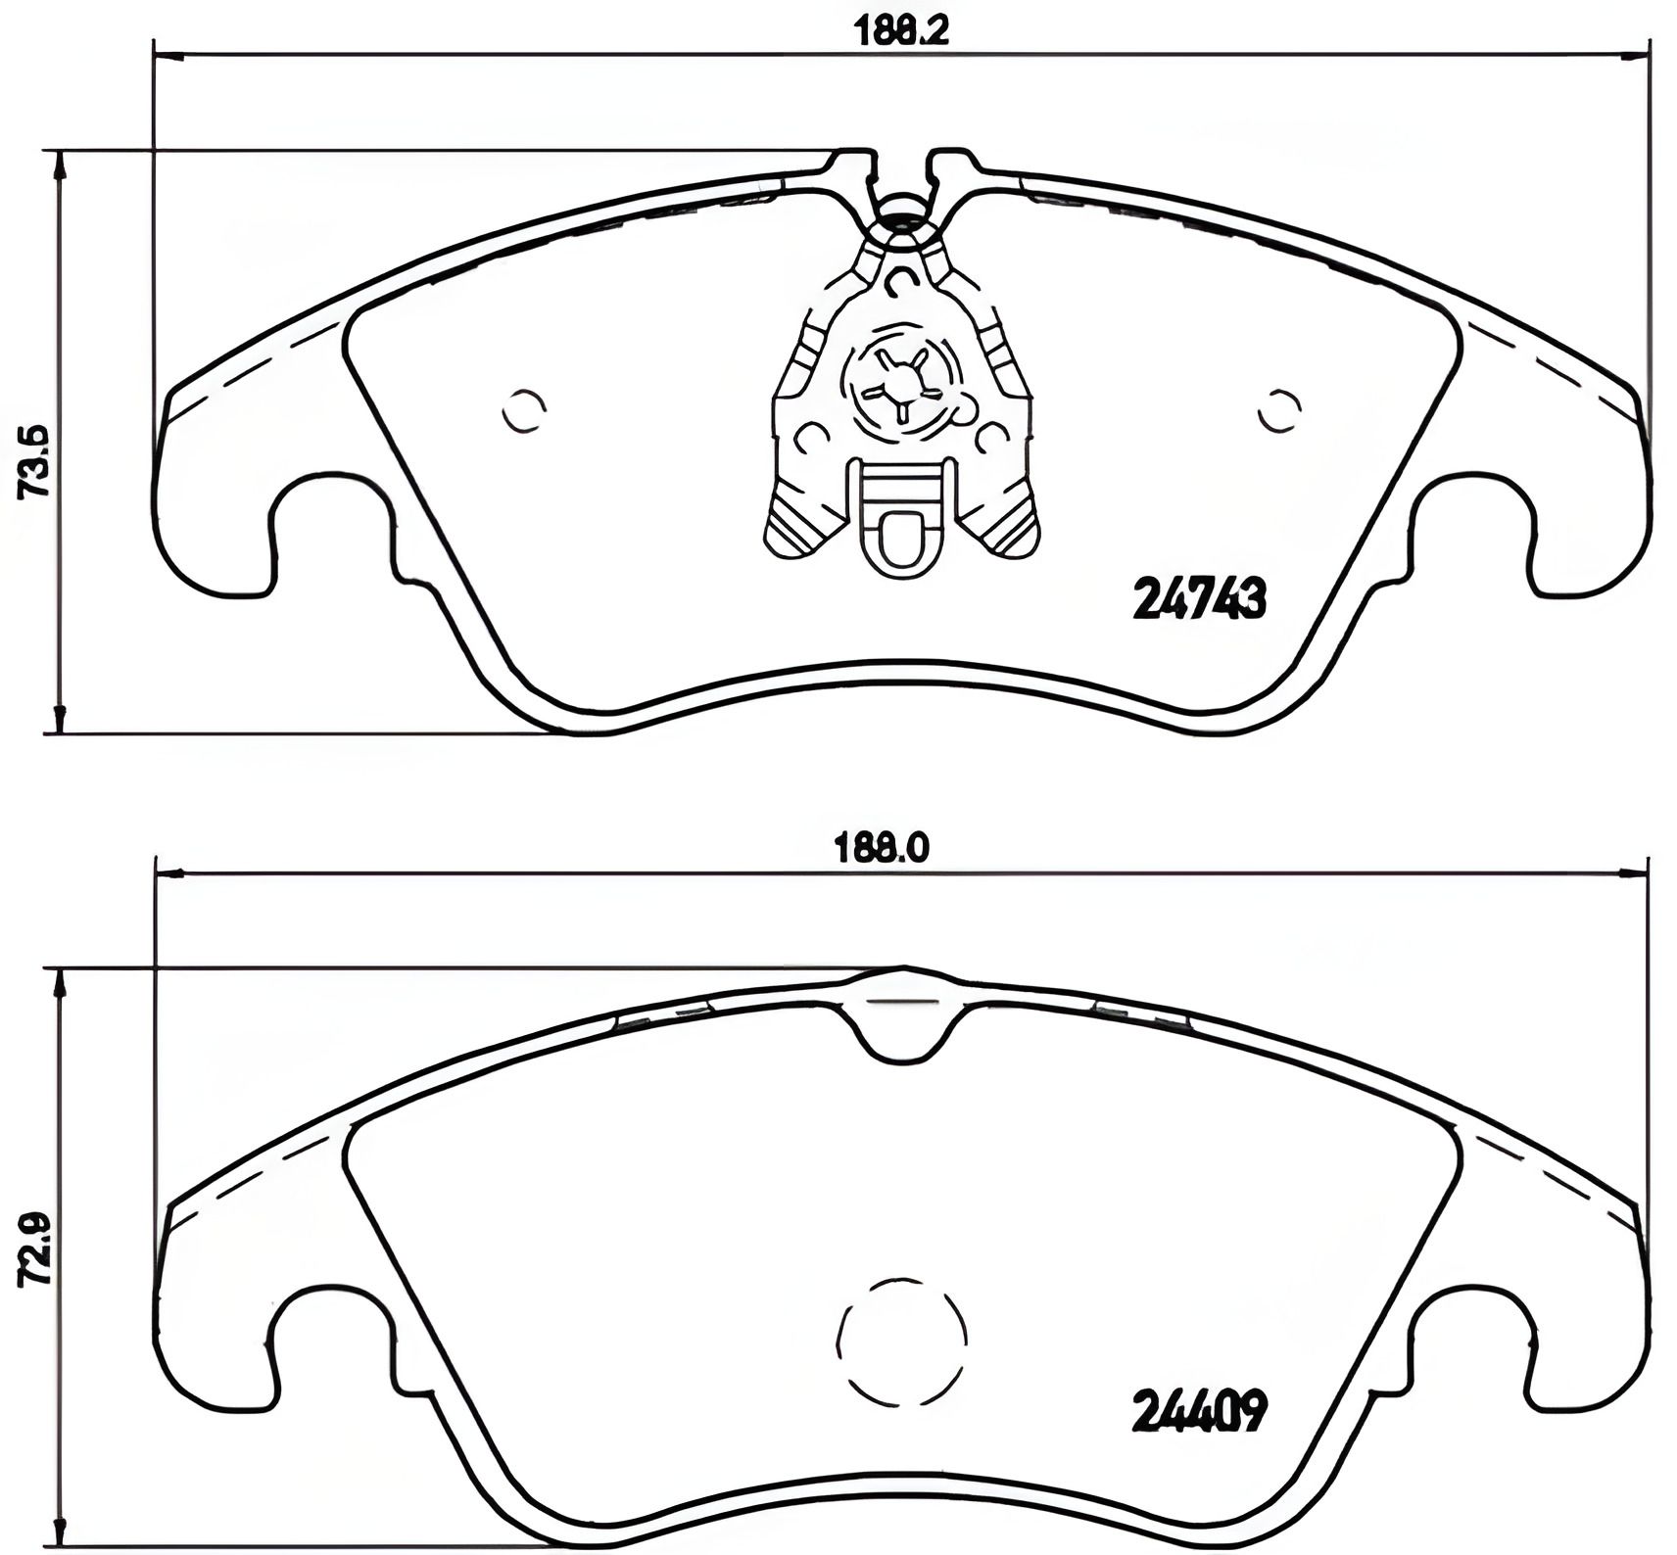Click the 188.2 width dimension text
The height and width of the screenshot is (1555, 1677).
901,31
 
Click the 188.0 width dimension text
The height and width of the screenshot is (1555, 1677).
881,848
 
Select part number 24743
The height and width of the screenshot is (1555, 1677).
1199,598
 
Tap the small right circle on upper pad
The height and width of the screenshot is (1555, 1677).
1279,411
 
